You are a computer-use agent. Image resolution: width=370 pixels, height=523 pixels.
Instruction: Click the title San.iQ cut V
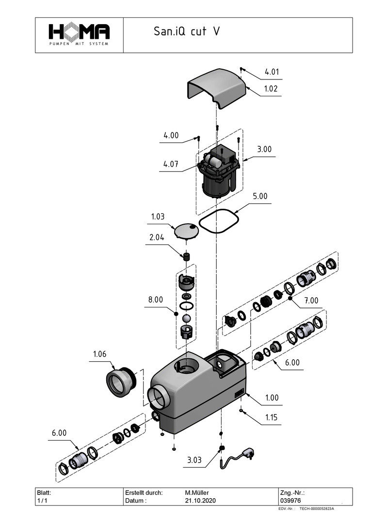coord(187,32)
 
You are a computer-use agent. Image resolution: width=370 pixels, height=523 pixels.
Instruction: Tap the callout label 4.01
coord(272,72)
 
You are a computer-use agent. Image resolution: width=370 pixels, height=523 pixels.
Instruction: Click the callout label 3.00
coord(264,150)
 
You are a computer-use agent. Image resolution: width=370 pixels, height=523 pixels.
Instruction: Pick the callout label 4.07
coord(170,164)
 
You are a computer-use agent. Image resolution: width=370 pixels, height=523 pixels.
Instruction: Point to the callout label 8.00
coord(156,300)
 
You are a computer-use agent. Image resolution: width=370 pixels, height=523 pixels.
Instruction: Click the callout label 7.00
coord(311,301)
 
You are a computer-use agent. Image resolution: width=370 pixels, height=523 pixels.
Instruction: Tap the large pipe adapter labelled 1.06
coord(119,381)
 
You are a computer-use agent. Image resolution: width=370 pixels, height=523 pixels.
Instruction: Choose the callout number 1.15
coord(272,417)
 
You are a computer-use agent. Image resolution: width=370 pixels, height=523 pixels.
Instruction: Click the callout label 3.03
coord(194,460)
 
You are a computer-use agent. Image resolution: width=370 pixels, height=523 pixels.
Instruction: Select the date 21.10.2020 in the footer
coord(199,500)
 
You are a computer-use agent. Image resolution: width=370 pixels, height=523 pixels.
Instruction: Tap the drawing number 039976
coord(290,500)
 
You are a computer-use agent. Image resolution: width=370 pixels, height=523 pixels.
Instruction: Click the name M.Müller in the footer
coord(197,492)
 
